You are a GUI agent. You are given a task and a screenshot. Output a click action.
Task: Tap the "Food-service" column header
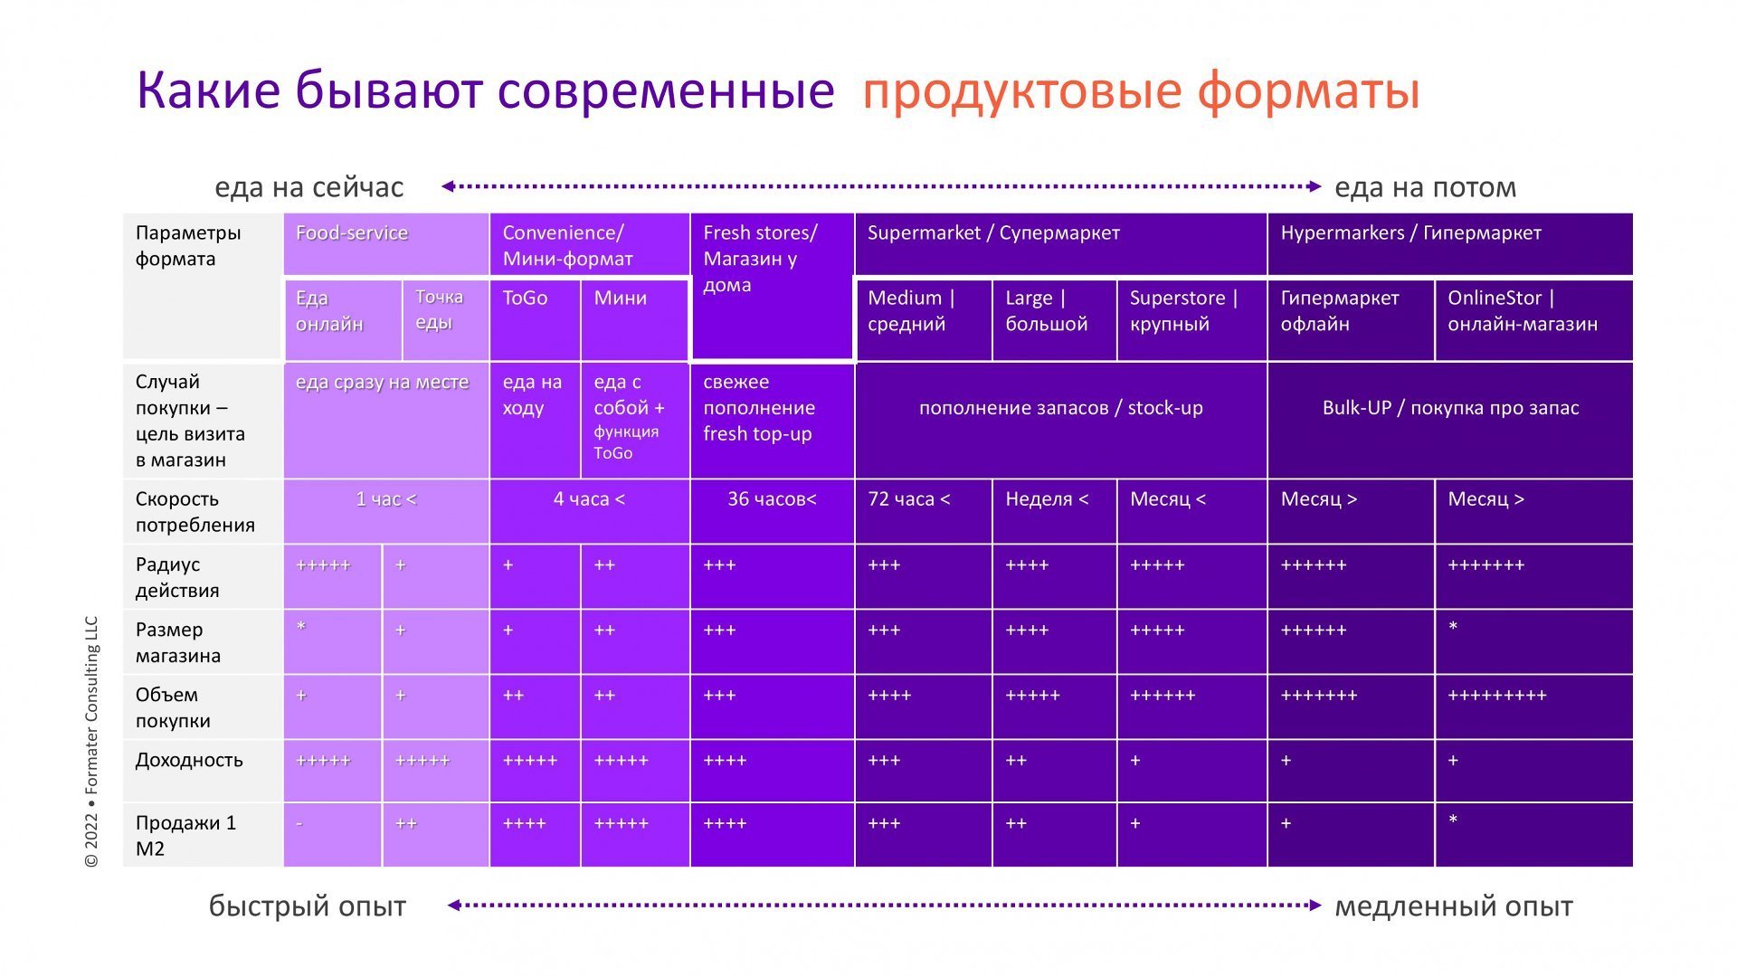pyautogui.click(x=352, y=233)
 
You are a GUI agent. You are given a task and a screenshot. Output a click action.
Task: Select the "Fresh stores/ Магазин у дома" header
pyautogui.click(x=760, y=259)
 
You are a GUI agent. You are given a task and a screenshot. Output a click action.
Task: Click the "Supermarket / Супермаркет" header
pyautogui.click(x=993, y=233)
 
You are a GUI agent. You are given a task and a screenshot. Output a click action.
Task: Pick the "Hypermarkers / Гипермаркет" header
pyautogui.click(x=1410, y=233)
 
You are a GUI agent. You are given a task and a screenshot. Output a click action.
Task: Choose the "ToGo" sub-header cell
pyautogui.click(x=526, y=299)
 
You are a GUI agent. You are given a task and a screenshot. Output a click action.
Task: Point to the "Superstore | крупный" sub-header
pyautogui.click(x=1183, y=311)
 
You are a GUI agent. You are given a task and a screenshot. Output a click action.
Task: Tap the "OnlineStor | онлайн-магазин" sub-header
pyautogui.click(x=1523, y=311)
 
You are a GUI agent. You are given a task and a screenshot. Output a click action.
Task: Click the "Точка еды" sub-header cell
pyautogui.click(x=440, y=310)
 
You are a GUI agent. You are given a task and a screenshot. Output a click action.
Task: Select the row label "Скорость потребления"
pyautogui.click(x=195, y=512)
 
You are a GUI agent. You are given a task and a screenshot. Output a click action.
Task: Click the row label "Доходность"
pyautogui.click(x=189, y=760)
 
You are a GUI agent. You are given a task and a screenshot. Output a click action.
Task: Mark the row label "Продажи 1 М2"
pyautogui.click(x=185, y=836)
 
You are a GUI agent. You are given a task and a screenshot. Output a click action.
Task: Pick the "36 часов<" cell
pyautogui.click(x=772, y=499)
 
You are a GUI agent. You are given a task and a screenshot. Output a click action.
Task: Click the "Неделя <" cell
pyautogui.click(x=1047, y=499)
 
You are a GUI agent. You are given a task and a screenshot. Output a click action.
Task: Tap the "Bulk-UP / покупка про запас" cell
pyautogui.click(x=1450, y=408)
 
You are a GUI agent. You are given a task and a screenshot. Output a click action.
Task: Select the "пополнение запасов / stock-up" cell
pyautogui.click(x=1060, y=408)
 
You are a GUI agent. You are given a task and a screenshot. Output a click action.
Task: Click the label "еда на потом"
pyautogui.click(x=1425, y=188)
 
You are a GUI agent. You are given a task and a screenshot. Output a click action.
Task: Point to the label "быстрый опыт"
pyautogui.click(x=308, y=906)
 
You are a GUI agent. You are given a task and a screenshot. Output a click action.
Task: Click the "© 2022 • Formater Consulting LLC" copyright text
pyautogui.click(x=91, y=742)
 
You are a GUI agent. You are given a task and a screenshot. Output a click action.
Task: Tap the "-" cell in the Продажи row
pyautogui.click(x=299, y=824)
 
